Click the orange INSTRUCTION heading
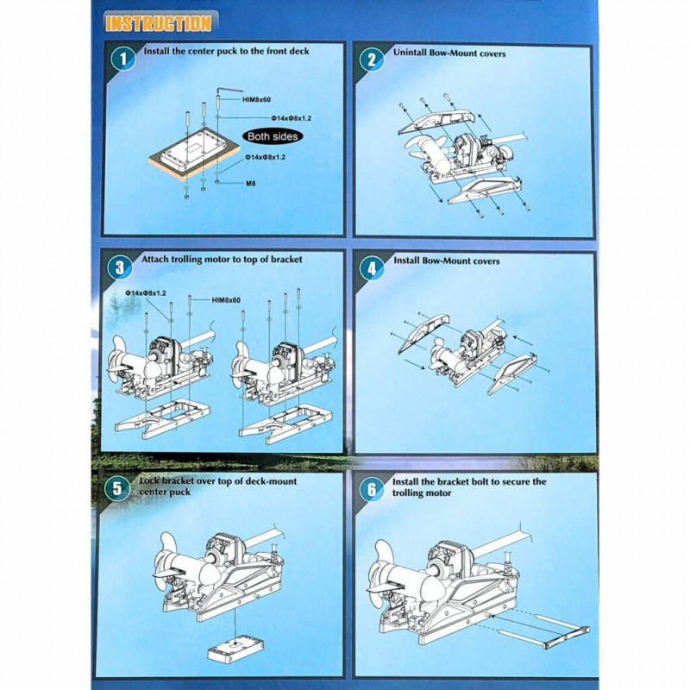click(159, 23)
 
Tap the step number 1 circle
click(122, 59)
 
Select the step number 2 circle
click(372, 59)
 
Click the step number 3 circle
click(120, 267)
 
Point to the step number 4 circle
click(372, 267)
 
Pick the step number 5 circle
click(117, 488)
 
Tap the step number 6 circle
click(372, 488)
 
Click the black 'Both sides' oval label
click(273, 136)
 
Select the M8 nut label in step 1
click(250, 184)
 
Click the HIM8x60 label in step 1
click(256, 100)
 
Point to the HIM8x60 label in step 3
click(226, 300)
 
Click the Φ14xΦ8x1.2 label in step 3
click(145, 293)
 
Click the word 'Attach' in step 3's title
click(154, 260)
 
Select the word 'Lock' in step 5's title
click(149, 481)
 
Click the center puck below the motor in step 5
click(235, 649)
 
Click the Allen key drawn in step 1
click(229, 91)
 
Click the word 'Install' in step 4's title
click(405, 260)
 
